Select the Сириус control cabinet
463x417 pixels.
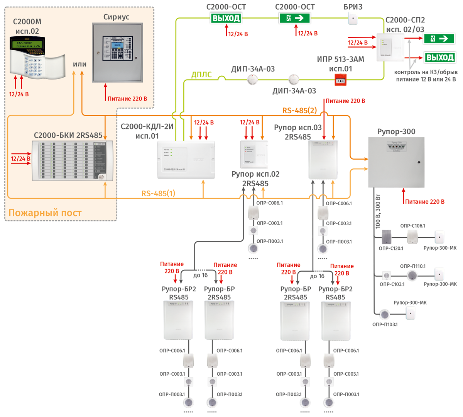point(117,53)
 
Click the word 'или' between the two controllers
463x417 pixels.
point(79,64)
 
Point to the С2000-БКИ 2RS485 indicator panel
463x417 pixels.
point(73,160)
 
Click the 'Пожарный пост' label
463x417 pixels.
point(45,213)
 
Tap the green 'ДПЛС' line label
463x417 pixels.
point(201,75)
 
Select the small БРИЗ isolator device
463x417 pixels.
point(353,18)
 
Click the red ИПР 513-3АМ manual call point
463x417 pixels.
point(340,80)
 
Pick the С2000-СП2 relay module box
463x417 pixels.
point(390,48)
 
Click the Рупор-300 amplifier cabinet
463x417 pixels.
point(396,162)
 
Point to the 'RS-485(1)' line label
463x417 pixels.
point(158,193)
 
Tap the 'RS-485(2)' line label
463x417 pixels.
point(299,111)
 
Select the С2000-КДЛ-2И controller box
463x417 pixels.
point(186,160)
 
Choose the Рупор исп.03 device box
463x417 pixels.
point(323,160)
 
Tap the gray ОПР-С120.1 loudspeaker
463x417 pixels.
point(387,237)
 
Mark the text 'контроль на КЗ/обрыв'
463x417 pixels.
point(426,72)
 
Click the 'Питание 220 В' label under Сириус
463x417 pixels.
point(127,99)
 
